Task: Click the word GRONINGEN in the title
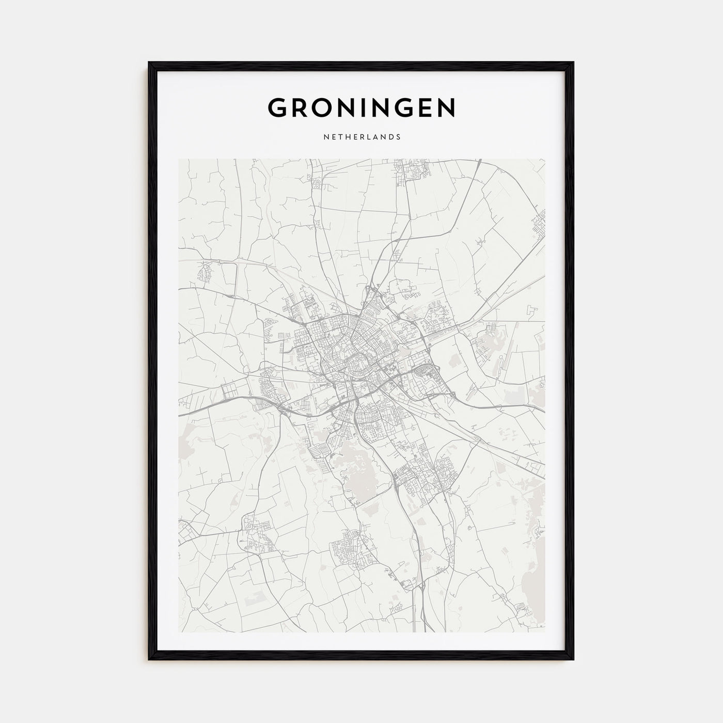click(361, 107)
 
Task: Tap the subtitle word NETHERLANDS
click(361, 137)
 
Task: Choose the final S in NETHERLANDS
click(399, 137)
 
